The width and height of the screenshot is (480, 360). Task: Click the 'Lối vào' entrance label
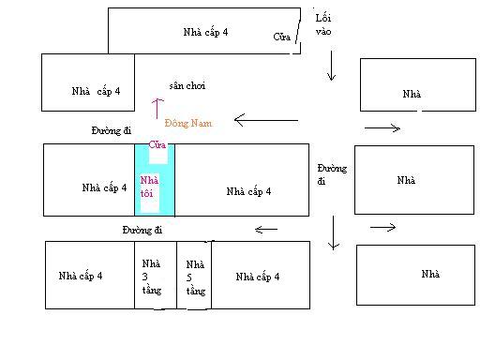[x=323, y=24]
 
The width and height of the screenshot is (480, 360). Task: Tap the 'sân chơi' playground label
[x=187, y=85]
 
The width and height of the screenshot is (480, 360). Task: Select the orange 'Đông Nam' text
[x=188, y=123]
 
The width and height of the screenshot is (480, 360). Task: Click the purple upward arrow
[x=157, y=109]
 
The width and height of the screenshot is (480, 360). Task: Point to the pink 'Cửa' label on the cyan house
[x=157, y=144]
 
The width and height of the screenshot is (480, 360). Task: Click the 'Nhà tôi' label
[x=149, y=187]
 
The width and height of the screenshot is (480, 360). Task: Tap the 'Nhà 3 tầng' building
[x=156, y=275]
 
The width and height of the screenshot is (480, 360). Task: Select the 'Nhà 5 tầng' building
[x=194, y=275]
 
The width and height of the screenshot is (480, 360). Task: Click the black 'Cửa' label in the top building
[x=281, y=37]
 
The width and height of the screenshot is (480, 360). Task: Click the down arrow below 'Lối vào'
[x=331, y=66]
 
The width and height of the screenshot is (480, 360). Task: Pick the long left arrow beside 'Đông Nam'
[x=266, y=120]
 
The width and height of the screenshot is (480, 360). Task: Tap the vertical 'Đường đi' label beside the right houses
[x=332, y=174]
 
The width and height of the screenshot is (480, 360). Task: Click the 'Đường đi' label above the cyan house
[x=112, y=130]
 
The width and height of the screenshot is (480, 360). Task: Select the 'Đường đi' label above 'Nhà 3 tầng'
[x=142, y=230]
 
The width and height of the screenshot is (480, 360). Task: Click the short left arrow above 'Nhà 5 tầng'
[x=266, y=230]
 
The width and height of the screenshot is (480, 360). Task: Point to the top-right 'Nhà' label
[x=412, y=94]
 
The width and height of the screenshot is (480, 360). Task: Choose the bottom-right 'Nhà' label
[x=430, y=274]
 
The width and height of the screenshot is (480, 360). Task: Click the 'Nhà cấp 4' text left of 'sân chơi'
[x=96, y=91]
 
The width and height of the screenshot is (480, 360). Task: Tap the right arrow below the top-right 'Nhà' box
[x=382, y=127]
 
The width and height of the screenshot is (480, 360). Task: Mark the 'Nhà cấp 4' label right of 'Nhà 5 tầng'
[x=258, y=277]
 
